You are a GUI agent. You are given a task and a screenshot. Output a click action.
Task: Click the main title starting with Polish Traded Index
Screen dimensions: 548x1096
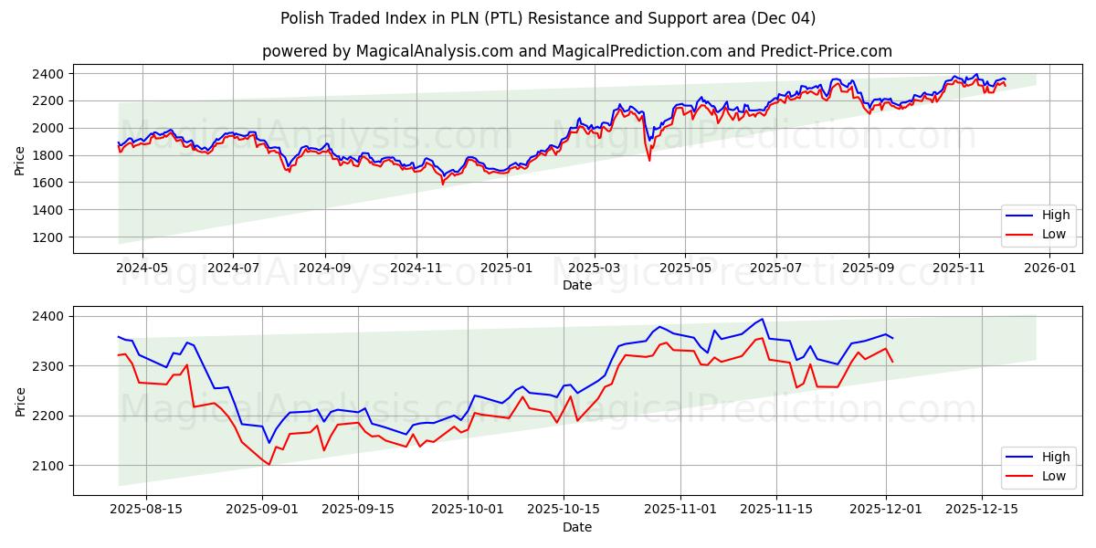point(548,18)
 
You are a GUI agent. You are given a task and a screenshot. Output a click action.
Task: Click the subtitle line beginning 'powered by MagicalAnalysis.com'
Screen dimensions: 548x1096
point(576,51)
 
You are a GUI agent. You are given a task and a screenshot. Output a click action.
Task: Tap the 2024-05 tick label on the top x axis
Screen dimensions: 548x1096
point(142,269)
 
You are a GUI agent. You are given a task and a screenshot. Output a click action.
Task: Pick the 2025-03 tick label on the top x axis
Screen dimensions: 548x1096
point(595,269)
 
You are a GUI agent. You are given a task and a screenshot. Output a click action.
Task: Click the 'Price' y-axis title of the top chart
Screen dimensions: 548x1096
point(20,160)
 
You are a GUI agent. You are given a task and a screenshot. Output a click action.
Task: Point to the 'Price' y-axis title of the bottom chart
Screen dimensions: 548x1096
point(20,402)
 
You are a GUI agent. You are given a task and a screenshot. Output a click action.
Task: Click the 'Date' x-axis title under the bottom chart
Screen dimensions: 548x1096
point(576,527)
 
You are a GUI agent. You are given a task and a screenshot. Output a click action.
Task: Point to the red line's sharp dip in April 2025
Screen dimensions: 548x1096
point(649,160)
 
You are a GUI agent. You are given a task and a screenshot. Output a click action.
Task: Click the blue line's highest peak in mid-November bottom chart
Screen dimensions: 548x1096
point(762,319)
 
